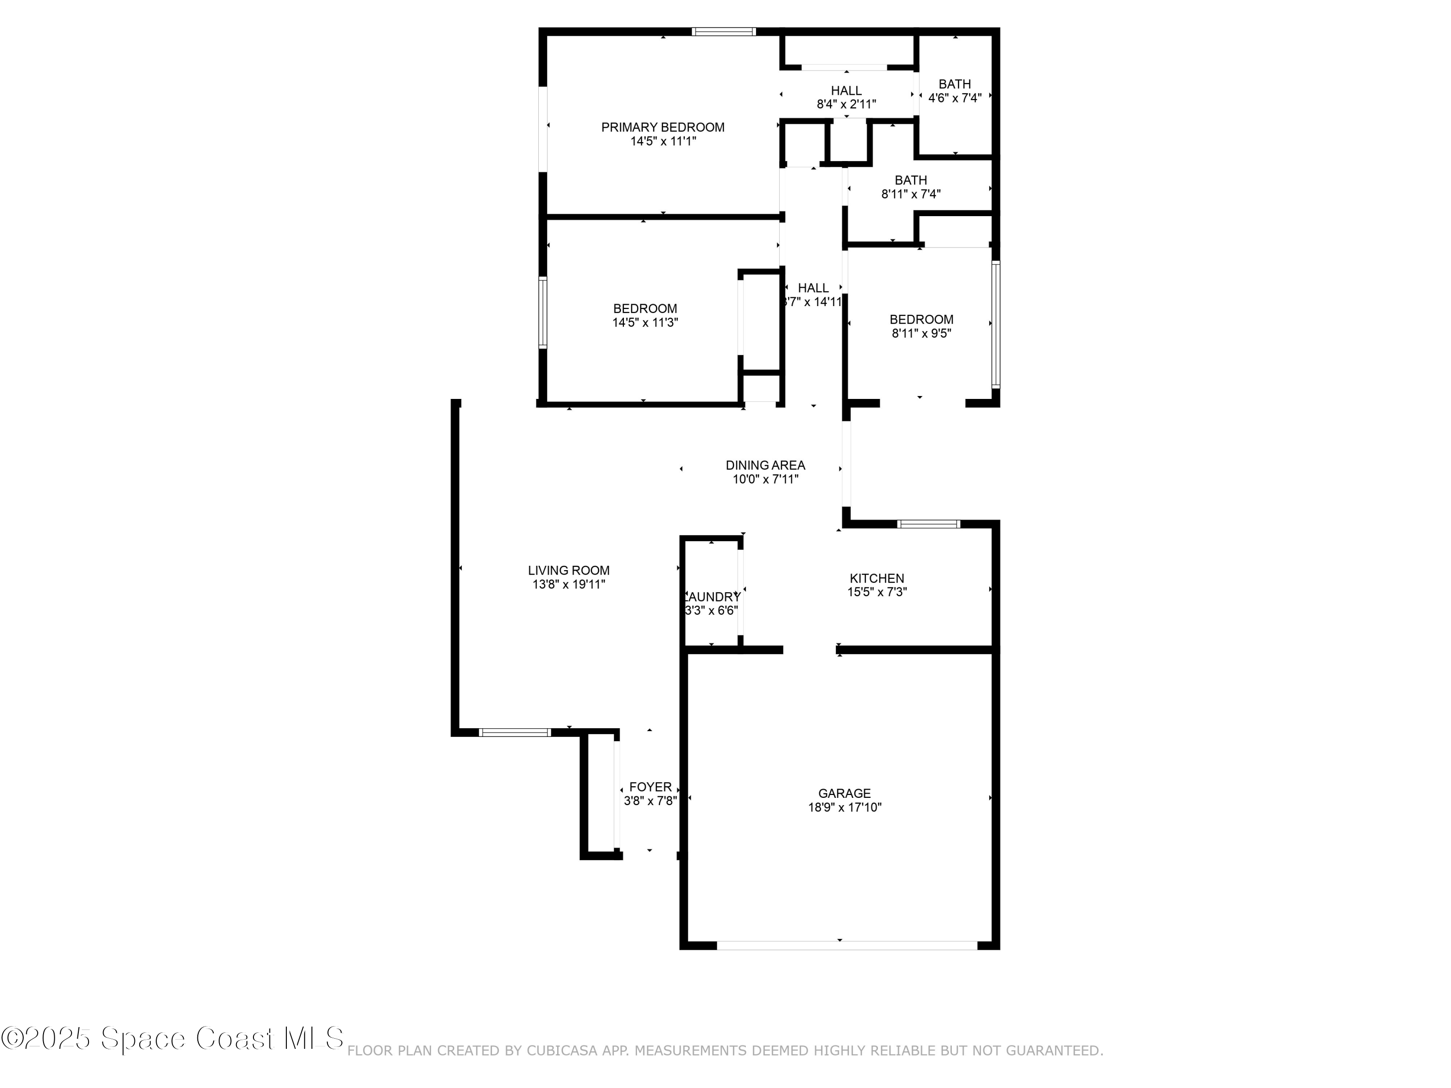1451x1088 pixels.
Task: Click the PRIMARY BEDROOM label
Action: tap(663, 127)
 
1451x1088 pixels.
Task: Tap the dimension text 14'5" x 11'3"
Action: tap(645, 323)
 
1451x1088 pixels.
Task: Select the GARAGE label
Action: tap(844, 794)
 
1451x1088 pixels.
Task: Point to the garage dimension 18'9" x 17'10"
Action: tap(844, 808)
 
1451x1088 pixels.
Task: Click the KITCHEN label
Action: tap(876, 578)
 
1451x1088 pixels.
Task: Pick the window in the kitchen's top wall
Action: tap(928, 524)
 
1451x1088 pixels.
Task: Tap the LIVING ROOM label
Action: tap(569, 571)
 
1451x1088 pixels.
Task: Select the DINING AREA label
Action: tap(765, 465)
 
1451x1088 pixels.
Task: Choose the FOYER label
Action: tap(650, 787)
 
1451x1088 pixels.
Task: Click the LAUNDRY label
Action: tap(712, 597)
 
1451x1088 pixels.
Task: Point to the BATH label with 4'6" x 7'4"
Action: tap(954, 84)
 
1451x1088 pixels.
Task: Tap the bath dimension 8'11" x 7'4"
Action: tap(910, 194)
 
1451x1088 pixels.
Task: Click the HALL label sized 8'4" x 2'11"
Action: tap(846, 90)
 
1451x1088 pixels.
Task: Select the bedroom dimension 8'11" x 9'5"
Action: tap(921, 333)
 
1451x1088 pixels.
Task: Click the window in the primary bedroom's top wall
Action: tap(724, 31)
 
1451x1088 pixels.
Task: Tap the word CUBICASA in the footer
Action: tap(562, 1051)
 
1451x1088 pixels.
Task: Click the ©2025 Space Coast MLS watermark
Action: tap(172, 1038)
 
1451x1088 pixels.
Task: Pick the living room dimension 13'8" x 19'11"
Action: tap(569, 584)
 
